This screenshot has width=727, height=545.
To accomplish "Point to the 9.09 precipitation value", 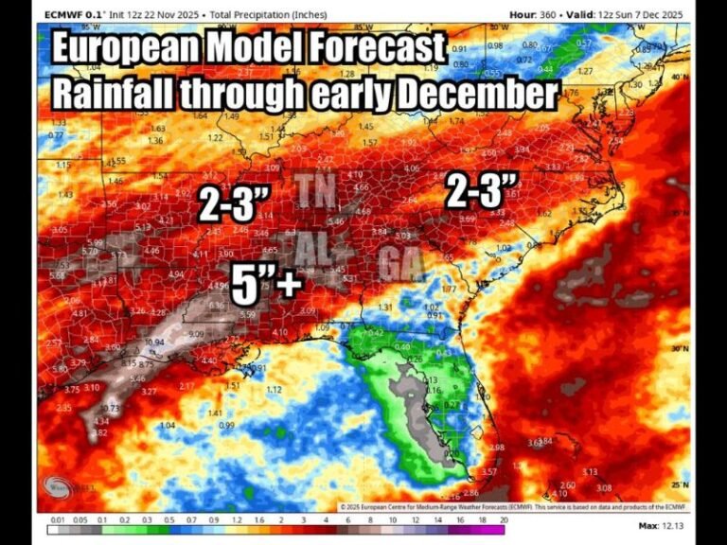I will point(196,333).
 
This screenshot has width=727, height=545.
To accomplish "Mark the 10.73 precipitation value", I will point(110,408).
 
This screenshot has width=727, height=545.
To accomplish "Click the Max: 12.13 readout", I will point(662,525).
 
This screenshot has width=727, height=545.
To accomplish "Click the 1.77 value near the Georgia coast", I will point(450,289).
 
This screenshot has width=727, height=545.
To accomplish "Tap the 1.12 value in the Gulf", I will point(275,389).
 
